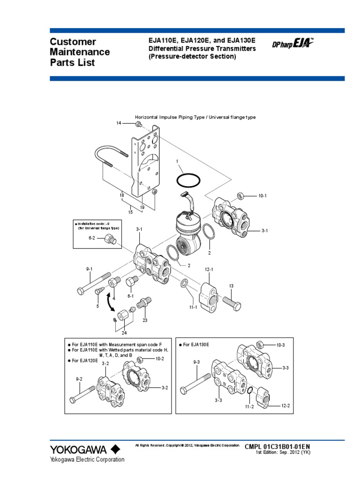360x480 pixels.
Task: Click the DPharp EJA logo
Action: [x=293, y=45]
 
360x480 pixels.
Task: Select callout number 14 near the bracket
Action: [x=119, y=123]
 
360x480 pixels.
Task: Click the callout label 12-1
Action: [x=209, y=270]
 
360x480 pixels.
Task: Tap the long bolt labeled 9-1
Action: [x=93, y=284]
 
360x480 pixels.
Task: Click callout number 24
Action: [x=124, y=333]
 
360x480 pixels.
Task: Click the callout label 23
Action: [x=145, y=320]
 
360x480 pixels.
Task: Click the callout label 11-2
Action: [x=249, y=406]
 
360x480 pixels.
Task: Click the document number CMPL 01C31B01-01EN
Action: [x=277, y=447]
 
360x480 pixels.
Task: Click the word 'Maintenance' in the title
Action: [x=80, y=52]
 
